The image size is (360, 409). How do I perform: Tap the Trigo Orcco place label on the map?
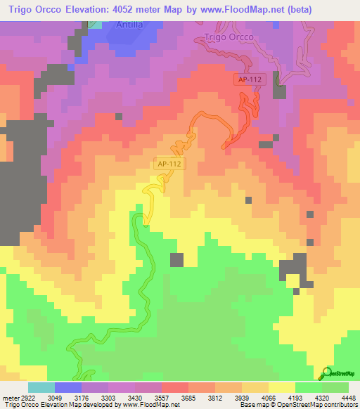pyautogui.click(x=227, y=37)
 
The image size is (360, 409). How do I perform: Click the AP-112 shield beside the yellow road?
pyautogui.click(x=169, y=164)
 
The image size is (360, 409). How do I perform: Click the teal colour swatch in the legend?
pyautogui.click(x=41, y=387)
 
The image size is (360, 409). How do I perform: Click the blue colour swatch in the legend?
pyautogui.click(x=67, y=387)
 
